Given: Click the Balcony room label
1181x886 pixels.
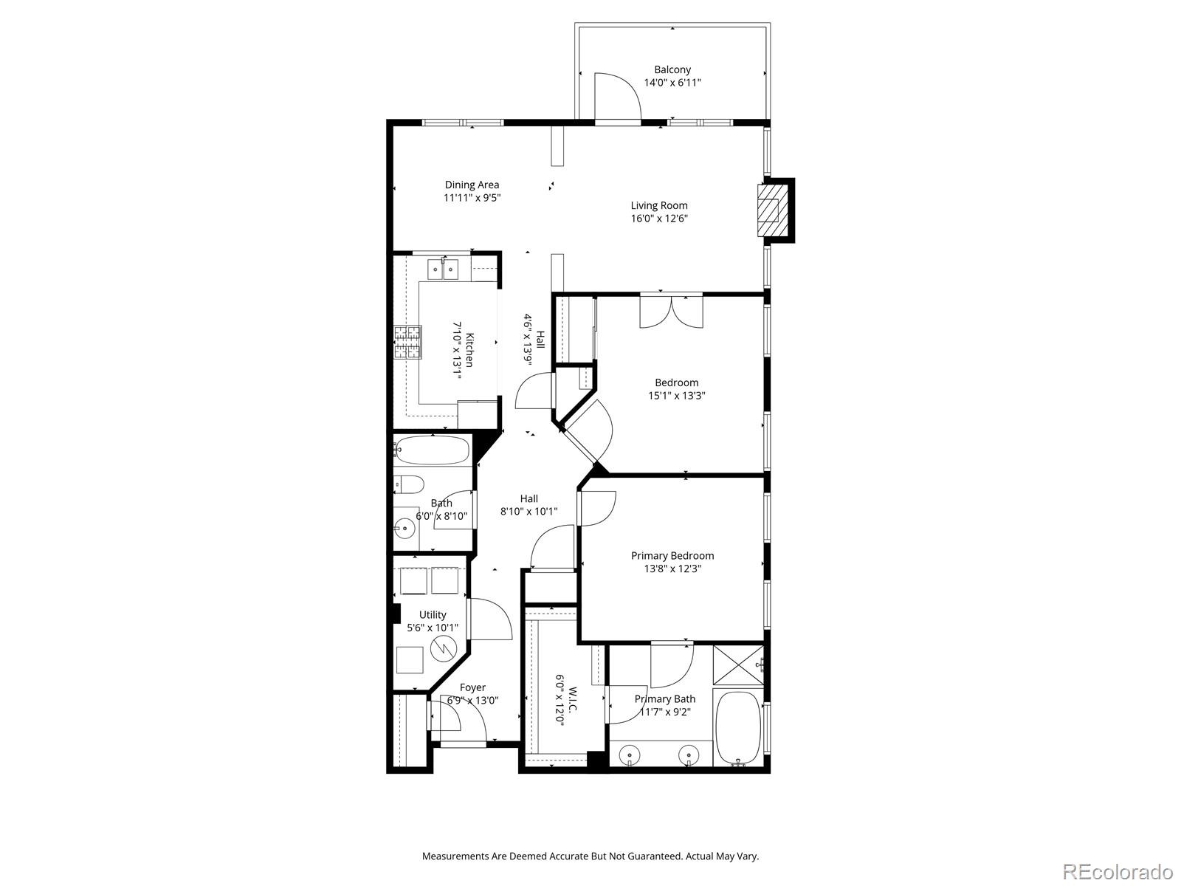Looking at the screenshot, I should [x=672, y=69].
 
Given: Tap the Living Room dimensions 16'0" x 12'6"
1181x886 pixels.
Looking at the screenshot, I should [x=660, y=219].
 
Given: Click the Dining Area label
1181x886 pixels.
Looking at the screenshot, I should [x=472, y=185].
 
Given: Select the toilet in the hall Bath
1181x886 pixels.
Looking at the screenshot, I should [x=410, y=485].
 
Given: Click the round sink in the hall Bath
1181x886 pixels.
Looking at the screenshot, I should [x=404, y=527].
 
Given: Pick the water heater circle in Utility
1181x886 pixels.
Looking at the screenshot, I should [x=443, y=648].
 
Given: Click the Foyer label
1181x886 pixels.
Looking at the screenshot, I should [x=472, y=687].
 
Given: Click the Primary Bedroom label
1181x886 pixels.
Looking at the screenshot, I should [x=672, y=556].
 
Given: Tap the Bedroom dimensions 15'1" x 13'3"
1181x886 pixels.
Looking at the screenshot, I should [x=677, y=396].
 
